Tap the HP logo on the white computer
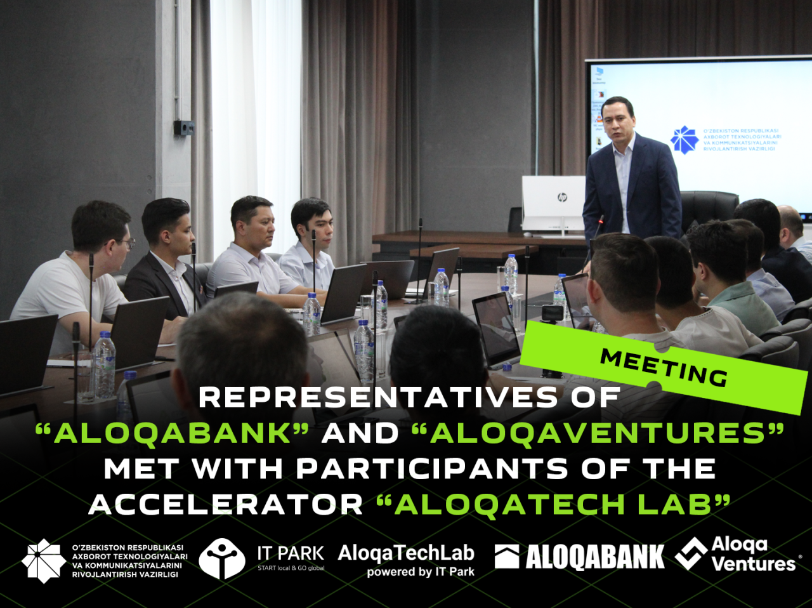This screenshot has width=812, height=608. [562, 197]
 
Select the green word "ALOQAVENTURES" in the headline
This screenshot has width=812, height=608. [598, 433]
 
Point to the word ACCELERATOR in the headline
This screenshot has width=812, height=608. [225, 504]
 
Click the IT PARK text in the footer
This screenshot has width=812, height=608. [291, 553]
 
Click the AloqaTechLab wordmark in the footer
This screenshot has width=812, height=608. [406, 553]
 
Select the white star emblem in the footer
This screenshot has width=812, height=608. [44, 560]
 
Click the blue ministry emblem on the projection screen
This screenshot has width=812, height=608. [684, 140]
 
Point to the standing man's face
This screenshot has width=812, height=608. [617, 122]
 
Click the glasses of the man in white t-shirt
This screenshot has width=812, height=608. [126, 243]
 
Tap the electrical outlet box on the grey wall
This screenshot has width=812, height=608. [184, 127]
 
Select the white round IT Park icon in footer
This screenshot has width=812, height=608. [222, 558]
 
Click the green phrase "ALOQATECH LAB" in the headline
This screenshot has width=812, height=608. [553, 504]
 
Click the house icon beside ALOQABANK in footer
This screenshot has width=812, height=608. [507, 556]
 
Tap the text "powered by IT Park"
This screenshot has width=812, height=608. [421, 572]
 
